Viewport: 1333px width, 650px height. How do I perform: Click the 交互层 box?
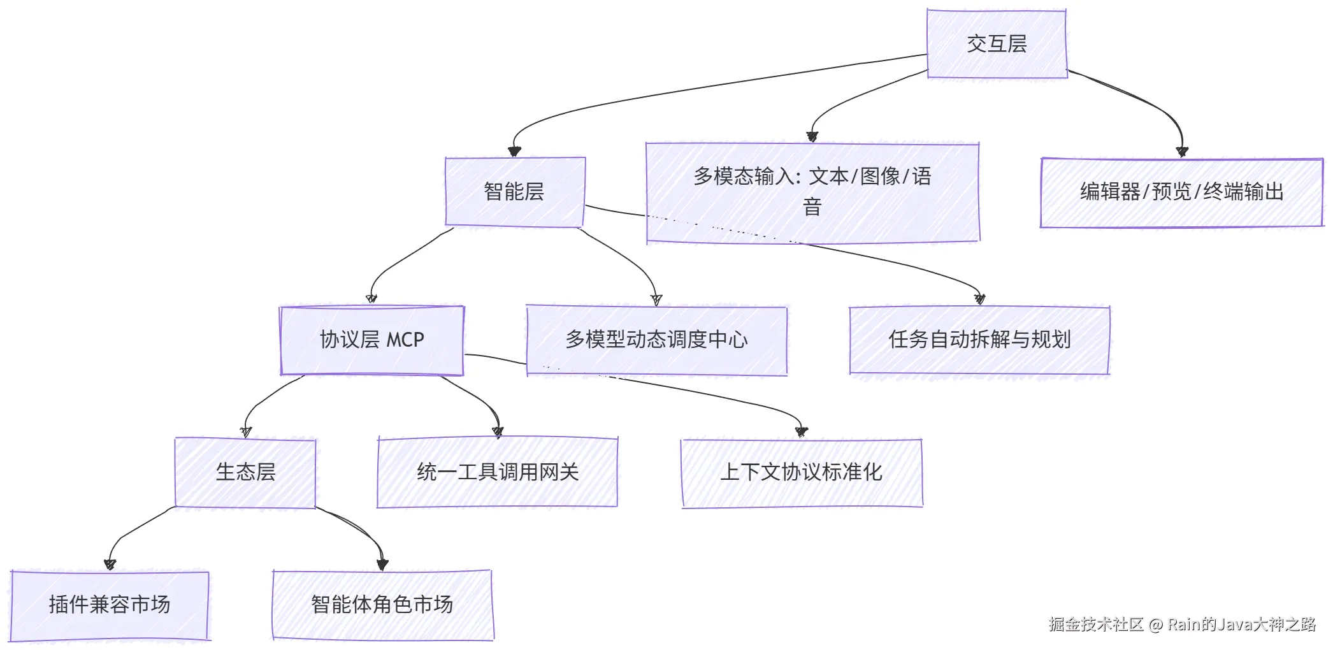[x=997, y=44]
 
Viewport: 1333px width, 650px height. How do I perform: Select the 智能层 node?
[x=515, y=192]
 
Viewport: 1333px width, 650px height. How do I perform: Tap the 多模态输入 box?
[x=812, y=192]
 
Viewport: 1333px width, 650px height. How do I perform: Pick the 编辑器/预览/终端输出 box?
[x=1182, y=192]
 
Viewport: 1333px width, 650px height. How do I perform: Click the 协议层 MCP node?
[x=372, y=340]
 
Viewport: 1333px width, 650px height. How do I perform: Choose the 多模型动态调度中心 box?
[x=656, y=340]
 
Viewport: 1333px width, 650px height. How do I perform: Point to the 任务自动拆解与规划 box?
[x=980, y=340]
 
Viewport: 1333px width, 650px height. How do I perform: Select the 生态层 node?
[x=245, y=473]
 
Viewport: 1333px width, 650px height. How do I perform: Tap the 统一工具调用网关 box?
[x=498, y=473]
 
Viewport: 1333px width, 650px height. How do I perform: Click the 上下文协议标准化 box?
[x=802, y=473]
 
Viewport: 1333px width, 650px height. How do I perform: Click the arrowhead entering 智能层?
[x=514, y=152]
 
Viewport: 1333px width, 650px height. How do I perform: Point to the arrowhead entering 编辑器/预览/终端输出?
[x=1182, y=152]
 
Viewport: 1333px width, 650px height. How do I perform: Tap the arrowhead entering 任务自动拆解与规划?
[x=980, y=300]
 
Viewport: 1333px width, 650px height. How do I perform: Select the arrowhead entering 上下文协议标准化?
[x=802, y=432]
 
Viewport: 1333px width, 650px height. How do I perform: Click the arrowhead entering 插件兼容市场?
[x=110, y=565]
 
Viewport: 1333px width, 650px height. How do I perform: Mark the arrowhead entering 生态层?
[x=246, y=432]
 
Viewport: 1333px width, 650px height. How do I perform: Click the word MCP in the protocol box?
[x=405, y=340]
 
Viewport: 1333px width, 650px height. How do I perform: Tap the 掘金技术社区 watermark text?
[x=1096, y=625]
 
